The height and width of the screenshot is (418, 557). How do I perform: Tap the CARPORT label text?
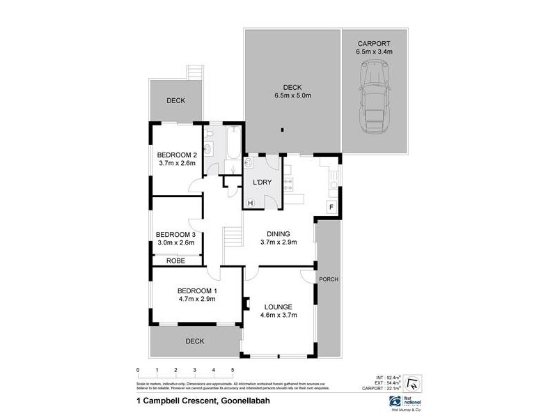coord(374,42)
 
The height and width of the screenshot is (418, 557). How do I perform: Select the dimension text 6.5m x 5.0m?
coord(292,95)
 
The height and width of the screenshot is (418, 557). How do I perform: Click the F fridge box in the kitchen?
coord(331,207)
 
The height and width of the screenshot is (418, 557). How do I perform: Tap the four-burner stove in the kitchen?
coord(287,185)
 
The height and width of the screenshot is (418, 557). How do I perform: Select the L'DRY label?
coord(261,182)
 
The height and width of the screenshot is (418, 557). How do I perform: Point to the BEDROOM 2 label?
coord(177,155)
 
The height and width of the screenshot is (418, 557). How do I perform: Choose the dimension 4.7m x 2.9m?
coord(196,299)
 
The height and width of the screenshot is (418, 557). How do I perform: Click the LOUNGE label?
coord(278,307)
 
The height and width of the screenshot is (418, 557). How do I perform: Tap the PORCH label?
coord(328,279)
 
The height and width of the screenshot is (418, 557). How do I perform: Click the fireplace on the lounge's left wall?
coord(245,303)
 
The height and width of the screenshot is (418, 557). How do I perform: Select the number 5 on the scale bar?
coord(233,370)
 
